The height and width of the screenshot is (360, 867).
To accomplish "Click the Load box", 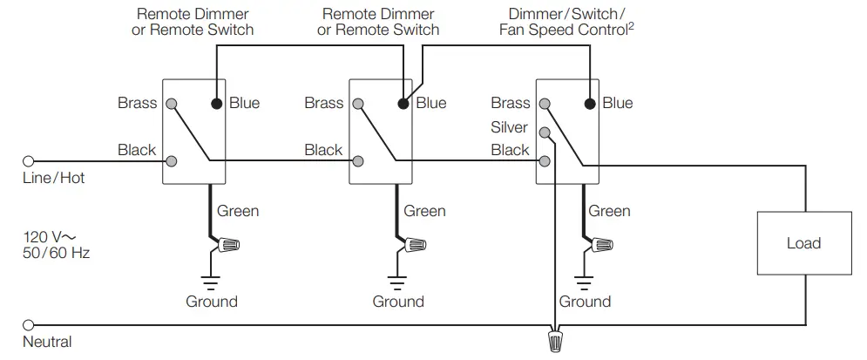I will tap(803, 243).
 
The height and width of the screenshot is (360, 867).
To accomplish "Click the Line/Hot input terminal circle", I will tap(28, 161).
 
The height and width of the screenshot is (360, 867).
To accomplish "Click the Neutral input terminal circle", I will tap(28, 323).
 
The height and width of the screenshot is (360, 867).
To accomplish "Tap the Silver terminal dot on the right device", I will tap(545, 132).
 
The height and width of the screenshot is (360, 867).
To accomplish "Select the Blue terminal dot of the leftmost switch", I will tap(216, 103).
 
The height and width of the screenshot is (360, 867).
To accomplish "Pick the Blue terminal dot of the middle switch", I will tap(403, 103).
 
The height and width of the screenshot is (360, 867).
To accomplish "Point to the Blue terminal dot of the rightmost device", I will tap(590, 103).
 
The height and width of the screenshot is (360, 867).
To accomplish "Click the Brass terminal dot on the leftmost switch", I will tap(173, 103).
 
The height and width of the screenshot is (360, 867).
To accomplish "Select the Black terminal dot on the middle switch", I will tap(359, 161).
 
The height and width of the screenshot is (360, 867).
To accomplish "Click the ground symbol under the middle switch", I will tap(397, 281).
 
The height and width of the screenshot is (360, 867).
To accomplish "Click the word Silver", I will tap(510, 127).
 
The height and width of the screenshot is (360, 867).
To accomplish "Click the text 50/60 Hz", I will tap(57, 253).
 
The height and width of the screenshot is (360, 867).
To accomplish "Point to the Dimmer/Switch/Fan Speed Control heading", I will tap(567, 22).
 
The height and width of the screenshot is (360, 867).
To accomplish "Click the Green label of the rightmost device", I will tap(609, 211).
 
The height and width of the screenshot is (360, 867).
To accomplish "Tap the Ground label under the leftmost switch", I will tap(211, 302).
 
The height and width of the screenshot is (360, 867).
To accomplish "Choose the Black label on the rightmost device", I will tap(510, 150).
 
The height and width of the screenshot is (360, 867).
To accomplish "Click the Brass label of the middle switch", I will tap(324, 103).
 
